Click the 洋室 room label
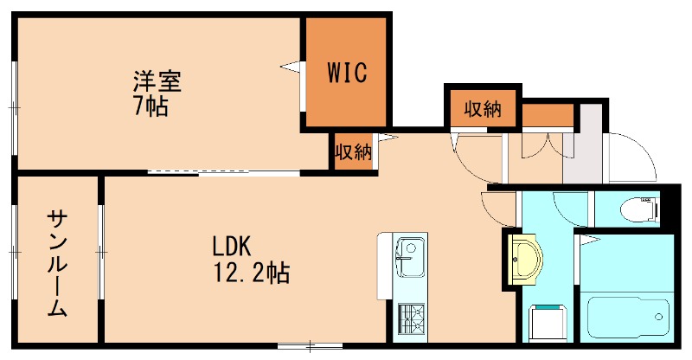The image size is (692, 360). (x=157, y=83)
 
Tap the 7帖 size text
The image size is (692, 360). (x=150, y=108)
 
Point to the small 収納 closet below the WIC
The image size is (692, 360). (x=353, y=152)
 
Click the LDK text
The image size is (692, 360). (x=232, y=246)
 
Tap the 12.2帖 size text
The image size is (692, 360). (x=252, y=274)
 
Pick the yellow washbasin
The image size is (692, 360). (x=525, y=258)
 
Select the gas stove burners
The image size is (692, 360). (x=409, y=321)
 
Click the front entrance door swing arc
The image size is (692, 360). (x=636, y=160)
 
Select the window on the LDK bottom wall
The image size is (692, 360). (x=309, y=347)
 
